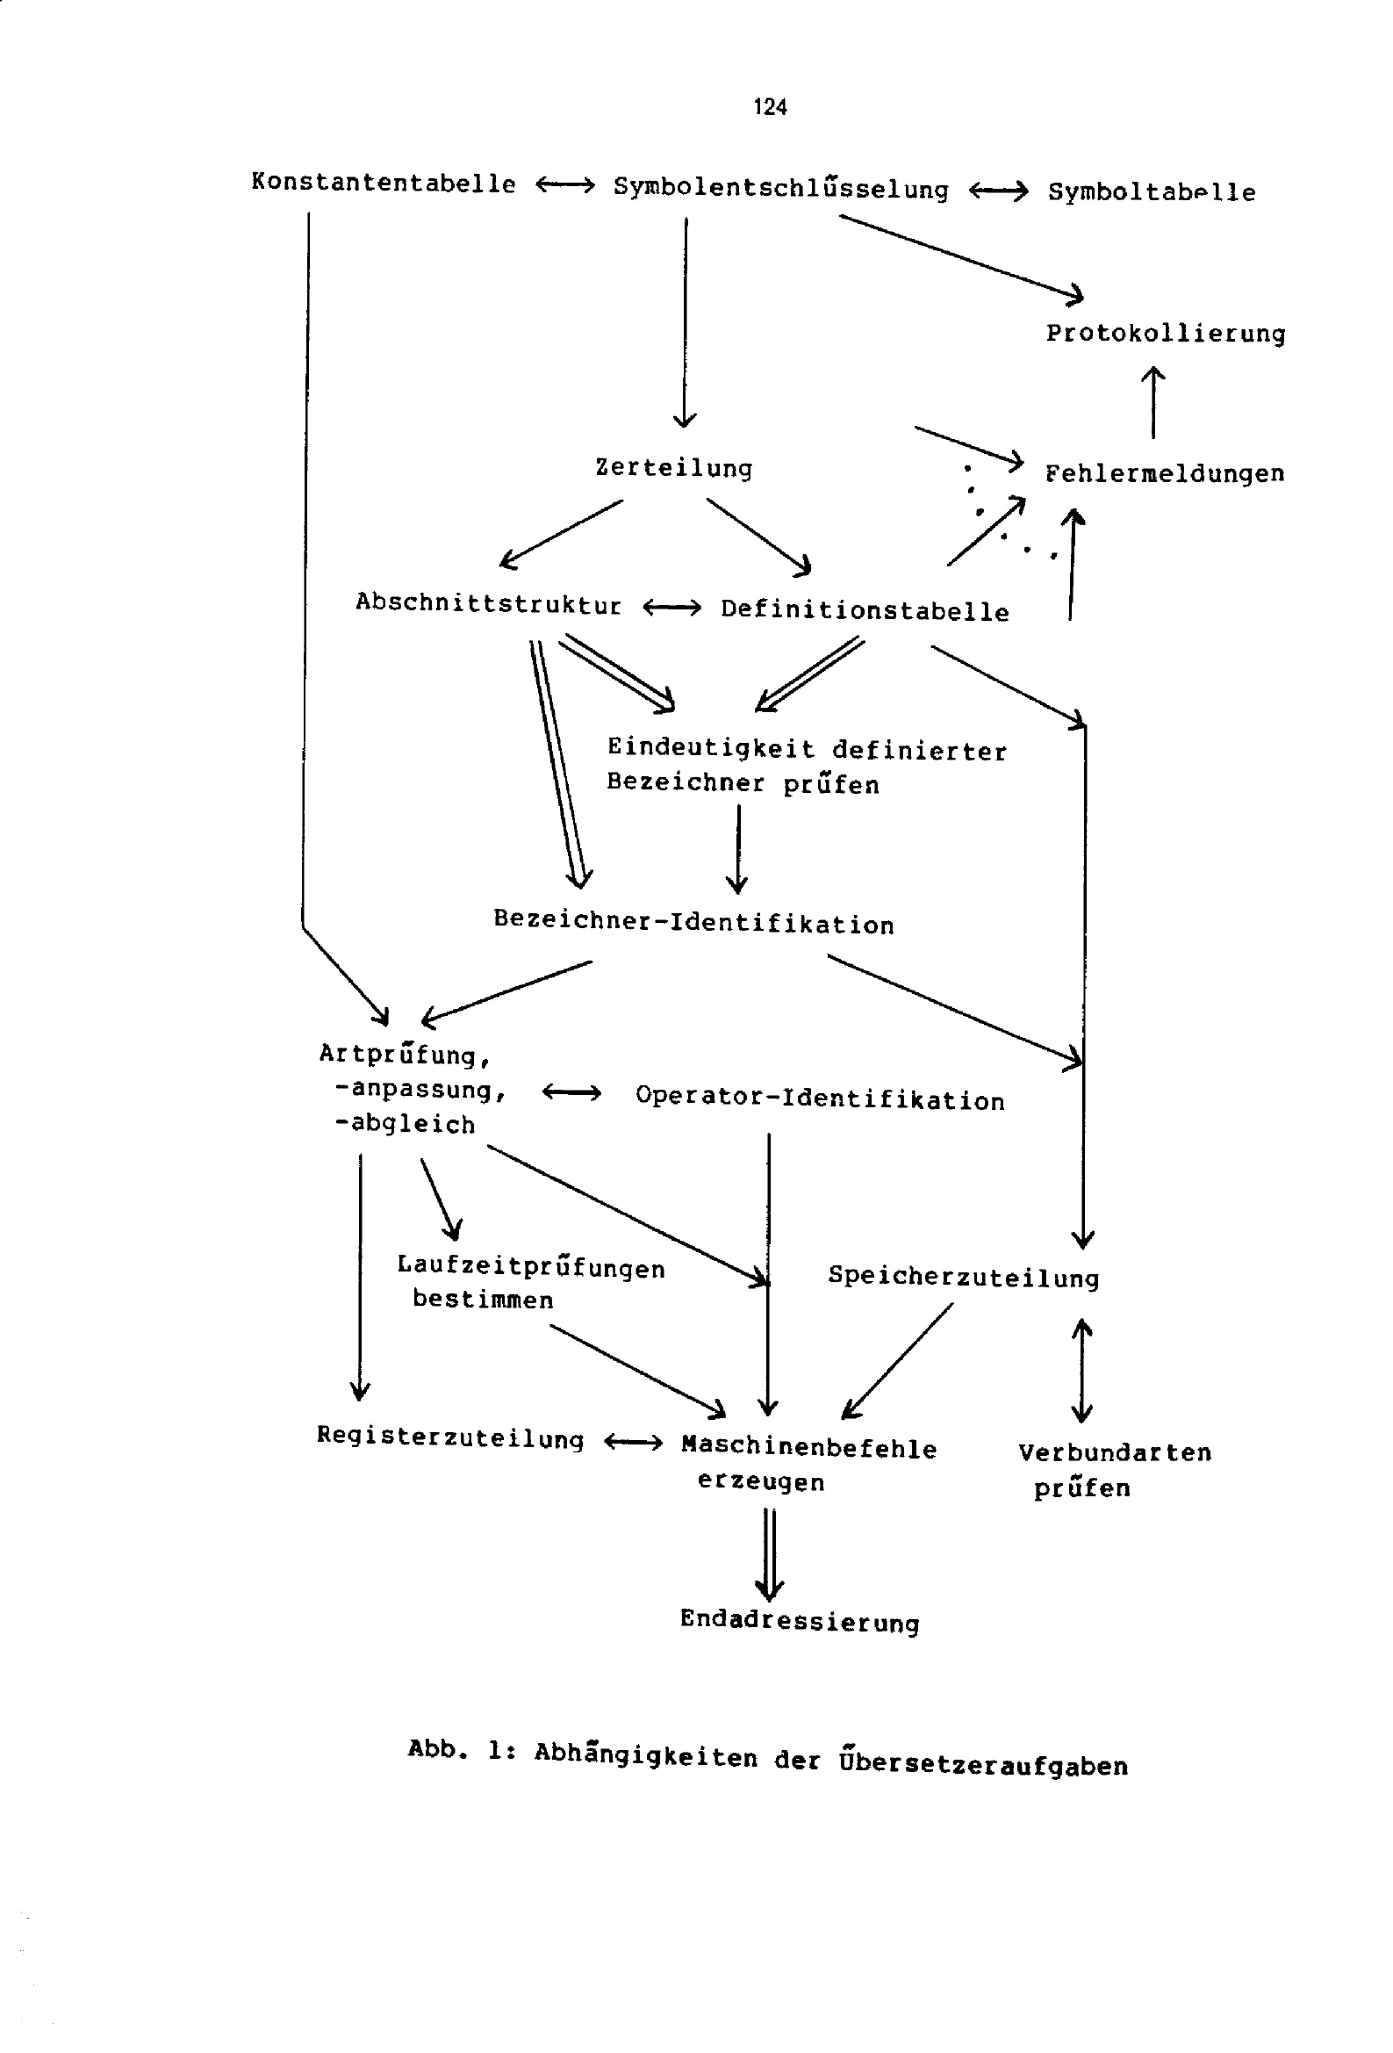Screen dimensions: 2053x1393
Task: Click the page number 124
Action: pos(770,107)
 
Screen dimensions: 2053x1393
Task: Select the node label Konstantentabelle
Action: pos(384,184)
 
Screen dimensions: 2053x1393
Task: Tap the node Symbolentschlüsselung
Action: pos(781,188)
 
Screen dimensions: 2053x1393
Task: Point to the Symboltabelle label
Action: pos(1151,191)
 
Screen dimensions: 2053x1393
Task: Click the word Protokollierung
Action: pos(1165,333)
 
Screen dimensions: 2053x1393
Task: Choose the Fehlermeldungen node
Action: pos(1164,473)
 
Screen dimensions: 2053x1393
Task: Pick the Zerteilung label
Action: pos(674,467)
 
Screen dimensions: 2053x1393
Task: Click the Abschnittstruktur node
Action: pos(489,603)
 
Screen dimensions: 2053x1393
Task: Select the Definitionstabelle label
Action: pos(864,610)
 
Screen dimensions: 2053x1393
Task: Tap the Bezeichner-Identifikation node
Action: pos(693,922)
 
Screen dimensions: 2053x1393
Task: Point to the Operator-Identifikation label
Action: pos(820,1099)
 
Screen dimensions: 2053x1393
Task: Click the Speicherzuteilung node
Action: pos(963,1277)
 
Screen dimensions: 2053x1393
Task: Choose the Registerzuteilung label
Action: pos(450,1437)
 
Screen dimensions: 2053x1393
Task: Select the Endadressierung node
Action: pos(800,1621)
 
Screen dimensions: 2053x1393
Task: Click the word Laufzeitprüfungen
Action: pos(531,1267)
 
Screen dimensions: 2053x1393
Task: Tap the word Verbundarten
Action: pos(1115,1452)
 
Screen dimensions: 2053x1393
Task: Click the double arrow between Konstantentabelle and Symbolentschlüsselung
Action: pos(565,185)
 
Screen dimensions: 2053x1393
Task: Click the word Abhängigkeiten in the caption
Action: pos(646,1756)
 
